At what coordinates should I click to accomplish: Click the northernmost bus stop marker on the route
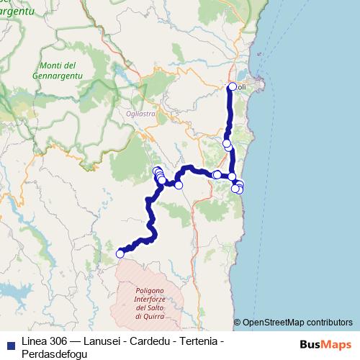point(232,87)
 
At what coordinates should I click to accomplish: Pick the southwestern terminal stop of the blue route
point(120,253)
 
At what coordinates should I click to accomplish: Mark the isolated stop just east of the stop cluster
point(179,185)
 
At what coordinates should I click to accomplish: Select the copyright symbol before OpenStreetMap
point(237,323)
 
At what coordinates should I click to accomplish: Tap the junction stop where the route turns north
point(232,176)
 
